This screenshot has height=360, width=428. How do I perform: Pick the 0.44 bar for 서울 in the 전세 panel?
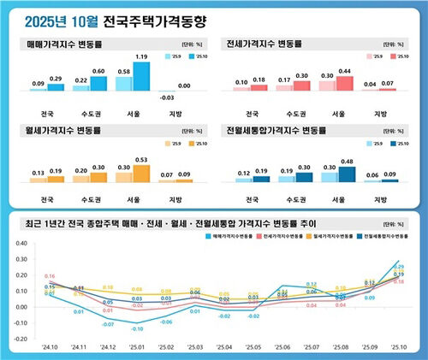point(344,83)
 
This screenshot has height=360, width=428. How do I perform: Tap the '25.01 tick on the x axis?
point(137,349)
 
